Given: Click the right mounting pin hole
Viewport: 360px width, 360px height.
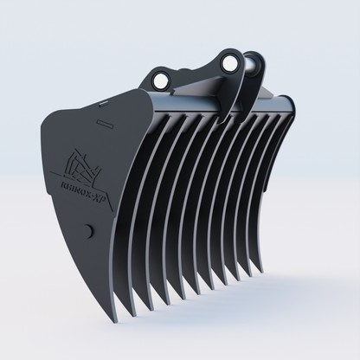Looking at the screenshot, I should (x=229, y=63).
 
